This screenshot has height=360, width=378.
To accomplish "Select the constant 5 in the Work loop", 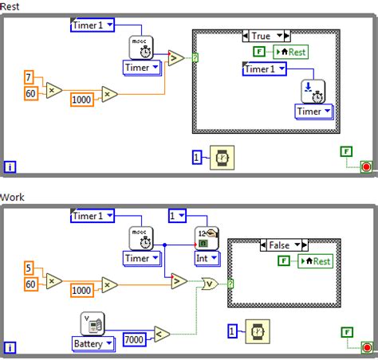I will (x=28, y=268).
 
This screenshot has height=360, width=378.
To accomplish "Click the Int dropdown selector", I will (x=207, y=257).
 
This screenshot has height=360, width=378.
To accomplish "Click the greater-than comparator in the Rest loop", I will (x=176, y=57).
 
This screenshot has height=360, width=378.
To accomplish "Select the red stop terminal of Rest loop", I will (x=365, y=166).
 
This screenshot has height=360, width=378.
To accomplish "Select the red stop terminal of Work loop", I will (x=365, y=348).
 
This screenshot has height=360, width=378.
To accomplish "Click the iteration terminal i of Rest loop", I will (x=10, y=166).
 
